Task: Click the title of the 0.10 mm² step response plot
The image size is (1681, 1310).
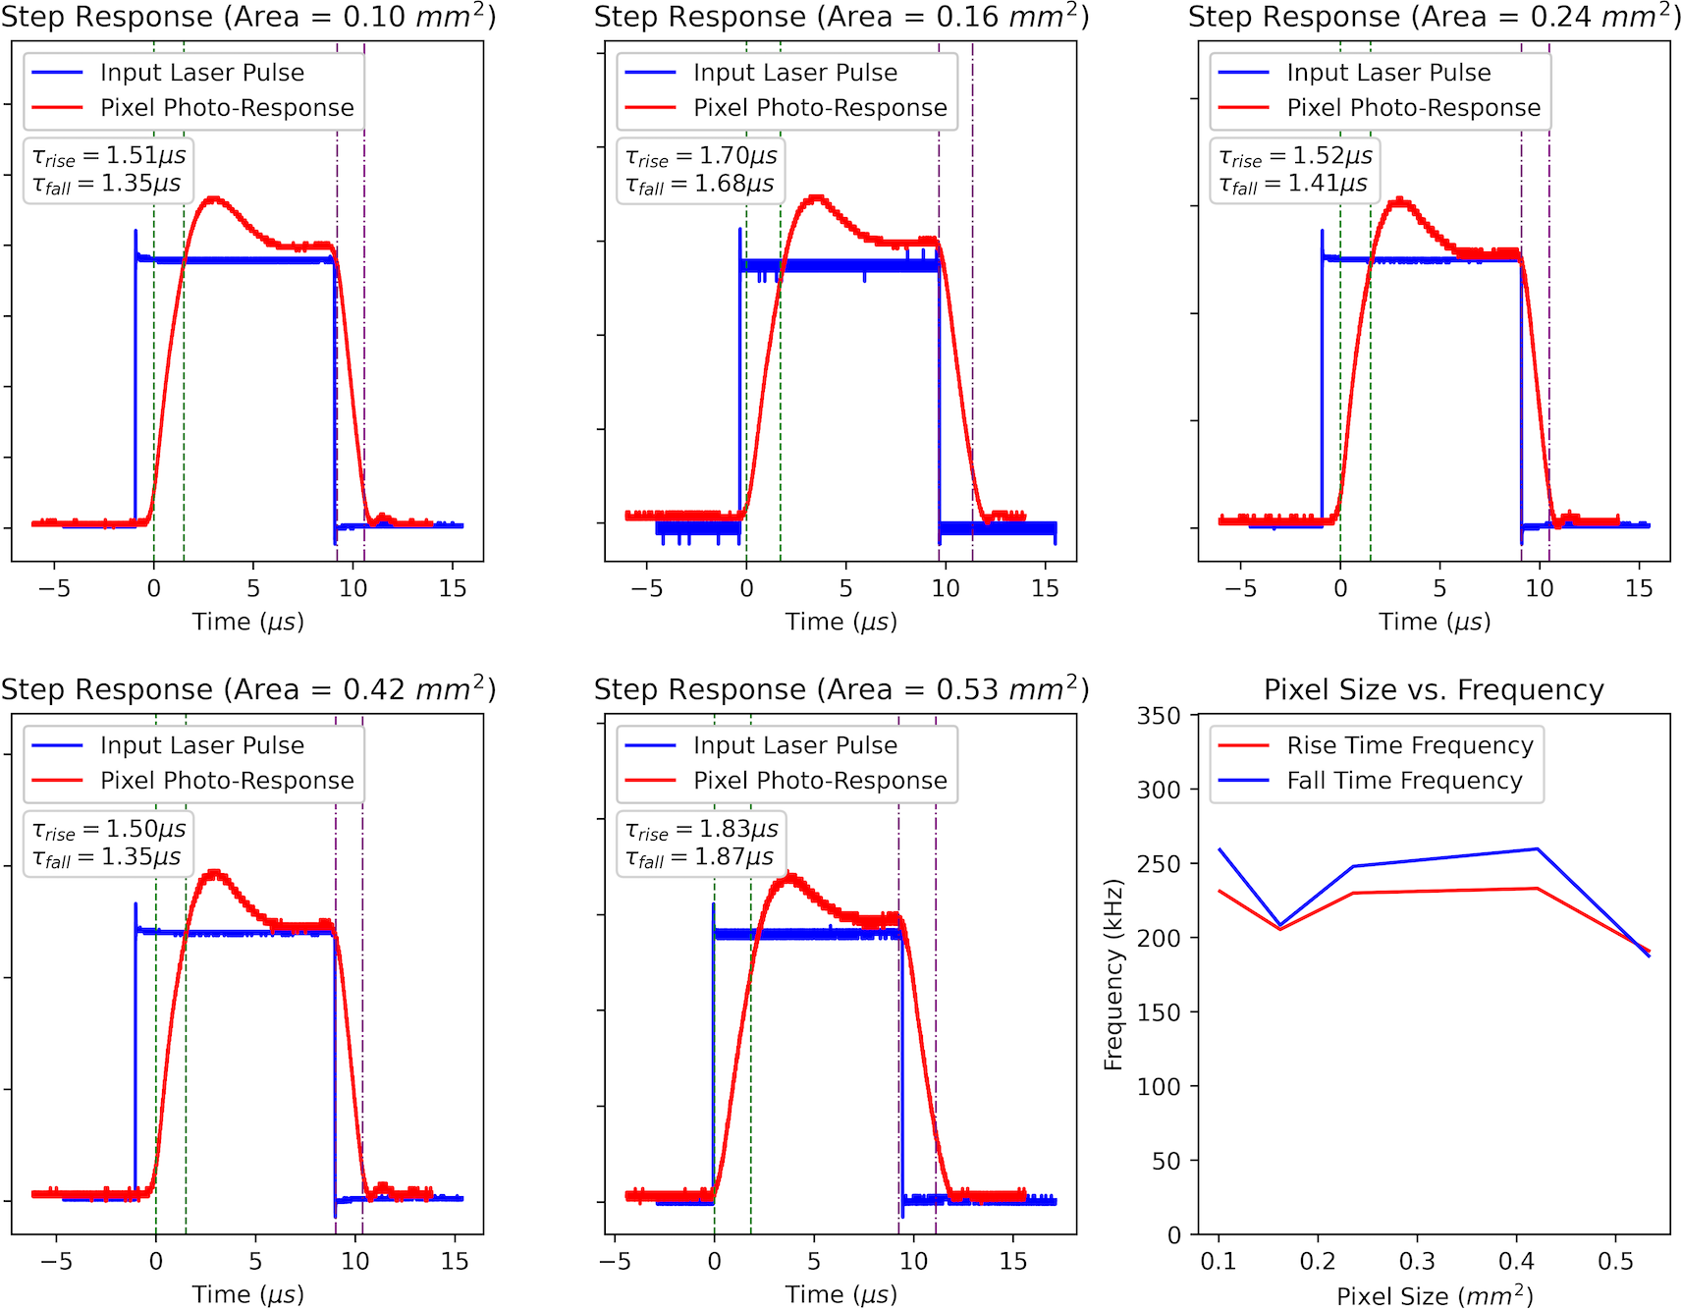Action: tap(247, 17)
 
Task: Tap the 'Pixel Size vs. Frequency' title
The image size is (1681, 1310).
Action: tap(1434, 690)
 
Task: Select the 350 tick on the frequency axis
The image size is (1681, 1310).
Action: tap(1159, 716)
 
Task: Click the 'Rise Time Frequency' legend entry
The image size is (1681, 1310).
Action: tap(1409, 745)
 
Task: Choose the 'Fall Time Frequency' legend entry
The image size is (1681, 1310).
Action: tap(1404, 781)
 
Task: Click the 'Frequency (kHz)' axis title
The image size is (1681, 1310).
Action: tap(1112, 974)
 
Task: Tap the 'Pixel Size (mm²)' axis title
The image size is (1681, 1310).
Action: tap(1434, 1295)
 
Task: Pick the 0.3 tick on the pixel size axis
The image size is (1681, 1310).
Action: tap(1417, 1261)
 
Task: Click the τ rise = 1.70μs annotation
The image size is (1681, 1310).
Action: tap(701, 156)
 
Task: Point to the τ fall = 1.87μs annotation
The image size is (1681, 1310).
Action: tap(700, 857)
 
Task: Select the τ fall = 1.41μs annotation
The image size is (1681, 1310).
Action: tap(1293, 184)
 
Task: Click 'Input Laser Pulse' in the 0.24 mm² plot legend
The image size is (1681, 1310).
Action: tap(1388, 73)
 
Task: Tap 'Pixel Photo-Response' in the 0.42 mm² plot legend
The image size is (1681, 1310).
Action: tap(227, 781)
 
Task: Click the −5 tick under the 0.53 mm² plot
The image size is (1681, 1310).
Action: tap(615, 1261)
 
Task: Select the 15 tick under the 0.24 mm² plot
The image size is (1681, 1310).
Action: tap(1639, 588)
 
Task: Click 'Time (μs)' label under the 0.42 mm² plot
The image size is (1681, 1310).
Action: tap(247, 1294)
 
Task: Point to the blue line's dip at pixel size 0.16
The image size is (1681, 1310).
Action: tap(1279, 925)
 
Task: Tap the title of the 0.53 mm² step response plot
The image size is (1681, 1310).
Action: tap(840, 689)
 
